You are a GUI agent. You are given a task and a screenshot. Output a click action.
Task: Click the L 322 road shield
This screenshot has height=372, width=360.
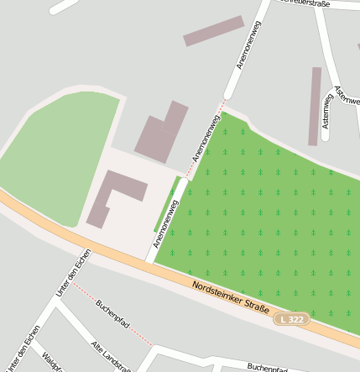click(292, 319)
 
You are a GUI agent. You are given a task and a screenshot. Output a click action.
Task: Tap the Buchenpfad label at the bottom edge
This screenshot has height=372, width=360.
click(267, 367)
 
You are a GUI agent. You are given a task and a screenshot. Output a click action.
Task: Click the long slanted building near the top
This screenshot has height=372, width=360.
click(213, 31)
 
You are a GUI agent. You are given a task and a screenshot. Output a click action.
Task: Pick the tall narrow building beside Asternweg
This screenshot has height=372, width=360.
click(315, 106)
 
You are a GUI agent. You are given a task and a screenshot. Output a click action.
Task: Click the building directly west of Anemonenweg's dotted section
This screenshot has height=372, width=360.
click(161, 133)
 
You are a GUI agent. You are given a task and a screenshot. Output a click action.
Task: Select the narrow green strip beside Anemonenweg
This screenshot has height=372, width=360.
click(166, 204)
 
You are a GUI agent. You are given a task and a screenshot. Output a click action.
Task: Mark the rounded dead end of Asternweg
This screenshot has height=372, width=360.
click(326, 136)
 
